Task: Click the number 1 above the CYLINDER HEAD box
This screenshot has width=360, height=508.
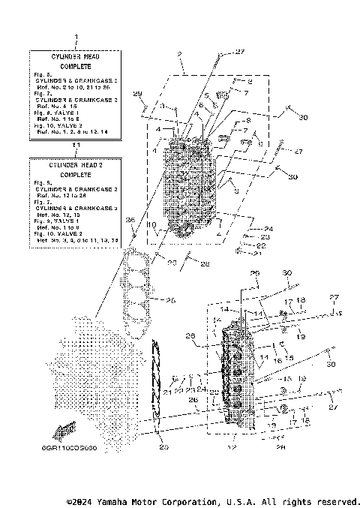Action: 74,37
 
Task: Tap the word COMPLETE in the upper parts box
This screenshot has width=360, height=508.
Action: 74,67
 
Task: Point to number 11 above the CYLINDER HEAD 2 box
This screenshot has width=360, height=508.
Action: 74,144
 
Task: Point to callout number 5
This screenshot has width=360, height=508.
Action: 205,96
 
